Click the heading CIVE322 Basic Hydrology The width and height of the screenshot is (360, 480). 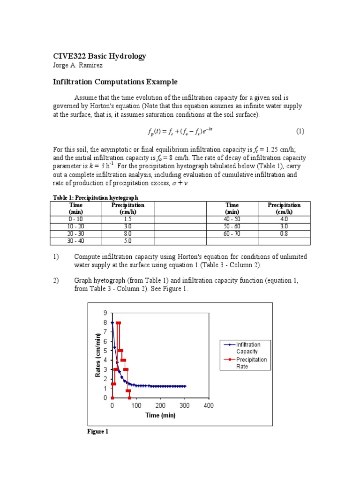pyautogui.click(x=99, y=56)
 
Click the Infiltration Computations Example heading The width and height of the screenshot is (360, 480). pyautogui.click(x=115, y=82)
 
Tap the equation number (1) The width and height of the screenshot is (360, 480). pyautogui.click(x=300, y=131)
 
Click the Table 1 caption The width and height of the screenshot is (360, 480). pyautogui.click(x=94, y=198)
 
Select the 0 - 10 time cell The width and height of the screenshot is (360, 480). pyautogui.click(x=75, y=219)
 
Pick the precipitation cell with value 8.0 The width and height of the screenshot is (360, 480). pyautogui.click(x=127, y=233)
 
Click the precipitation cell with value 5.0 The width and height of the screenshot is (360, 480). pyautogui.click(x=127, y=241)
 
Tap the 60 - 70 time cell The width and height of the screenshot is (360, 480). pyautogui.click(x=232, y=233)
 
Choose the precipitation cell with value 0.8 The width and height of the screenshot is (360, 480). pyautogui.click(x=284, y=233)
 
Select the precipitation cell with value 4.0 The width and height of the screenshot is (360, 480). pyautogui.click(x=284, y=219)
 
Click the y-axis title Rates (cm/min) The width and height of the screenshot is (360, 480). pyautogui.click(x=98, y=355)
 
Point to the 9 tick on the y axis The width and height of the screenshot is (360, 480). pyautogui.click(x=105, y=313)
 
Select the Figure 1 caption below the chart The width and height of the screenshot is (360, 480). pyautogui.click(x=98, y=431)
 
